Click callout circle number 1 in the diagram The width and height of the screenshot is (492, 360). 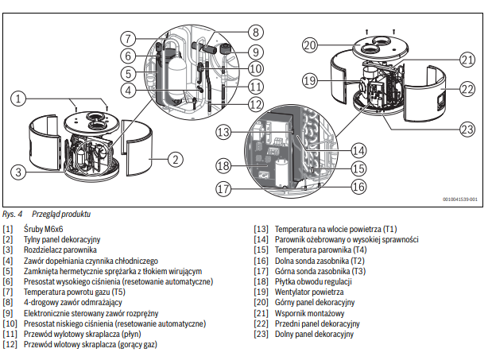coord(20,99)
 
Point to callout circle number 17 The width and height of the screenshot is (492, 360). coord(225,189)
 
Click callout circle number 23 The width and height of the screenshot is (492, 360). coord(467,129)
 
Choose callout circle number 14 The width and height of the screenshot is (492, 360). coord(358,148)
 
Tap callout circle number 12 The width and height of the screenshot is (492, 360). coord(255,104)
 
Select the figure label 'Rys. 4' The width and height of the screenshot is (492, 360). coord(12,215)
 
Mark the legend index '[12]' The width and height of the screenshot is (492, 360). coord(10,345)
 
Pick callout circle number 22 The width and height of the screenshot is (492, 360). coord(467,89)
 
